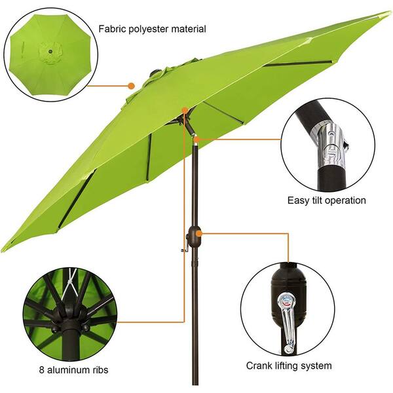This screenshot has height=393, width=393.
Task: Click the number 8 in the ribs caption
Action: pos(42,369)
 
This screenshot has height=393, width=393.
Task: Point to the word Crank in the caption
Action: pos(259,365)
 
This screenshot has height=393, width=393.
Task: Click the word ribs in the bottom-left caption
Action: pos(100,369)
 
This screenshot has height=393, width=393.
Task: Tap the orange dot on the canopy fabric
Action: pos(131,86)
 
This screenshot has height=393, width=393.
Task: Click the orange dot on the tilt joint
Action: pos(196,140)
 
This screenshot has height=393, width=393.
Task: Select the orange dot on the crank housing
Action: pos(199,234)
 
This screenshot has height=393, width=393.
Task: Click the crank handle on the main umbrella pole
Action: pos(185,247)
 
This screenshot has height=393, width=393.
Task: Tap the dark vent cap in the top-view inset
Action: pos(50,52)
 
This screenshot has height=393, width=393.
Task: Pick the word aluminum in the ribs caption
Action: pos(68,369)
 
